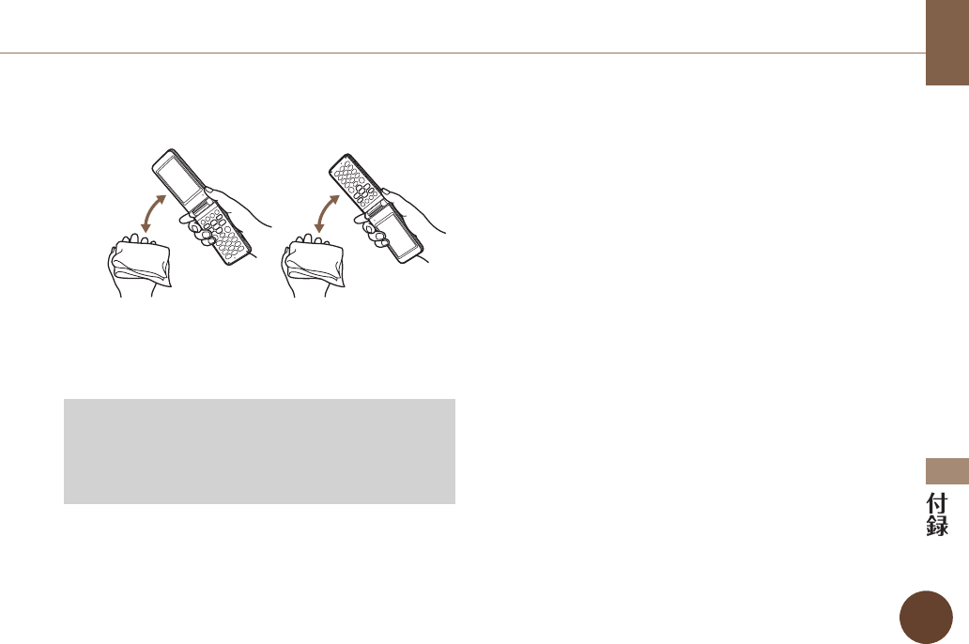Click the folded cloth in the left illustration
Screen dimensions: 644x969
(x=140, y=257)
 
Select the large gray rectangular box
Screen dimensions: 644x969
(x=259, y=451)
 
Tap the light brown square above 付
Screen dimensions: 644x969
(x=946, y=471)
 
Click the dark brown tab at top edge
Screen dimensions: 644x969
(x=946, y=42)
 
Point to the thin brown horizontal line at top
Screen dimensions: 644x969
(x=460, y=53)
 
